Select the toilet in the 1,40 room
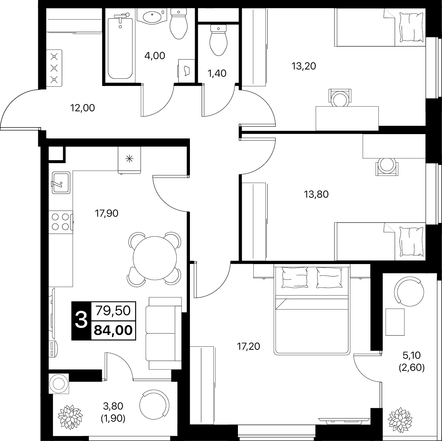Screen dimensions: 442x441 [218, 40]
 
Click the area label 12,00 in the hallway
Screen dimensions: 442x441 [83, 108]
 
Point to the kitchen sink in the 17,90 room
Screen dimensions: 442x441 [61, 183]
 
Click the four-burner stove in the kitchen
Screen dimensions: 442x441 [61, 222]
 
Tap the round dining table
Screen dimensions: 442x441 [155, 258]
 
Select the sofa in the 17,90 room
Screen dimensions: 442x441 [164, 333]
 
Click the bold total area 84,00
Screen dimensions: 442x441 [113, 330]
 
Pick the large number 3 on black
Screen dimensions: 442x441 [81, 321]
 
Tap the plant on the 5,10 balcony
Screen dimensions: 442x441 [400, 420]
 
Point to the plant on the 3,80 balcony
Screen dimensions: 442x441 [70, 417]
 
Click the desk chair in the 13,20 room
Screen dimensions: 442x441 [340, 97]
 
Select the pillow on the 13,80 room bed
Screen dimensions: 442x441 [411, 242]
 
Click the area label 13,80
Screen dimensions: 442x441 [316, 195]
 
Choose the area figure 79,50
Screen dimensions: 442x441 [113, 311]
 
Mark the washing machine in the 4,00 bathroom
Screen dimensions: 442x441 [186, 71]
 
